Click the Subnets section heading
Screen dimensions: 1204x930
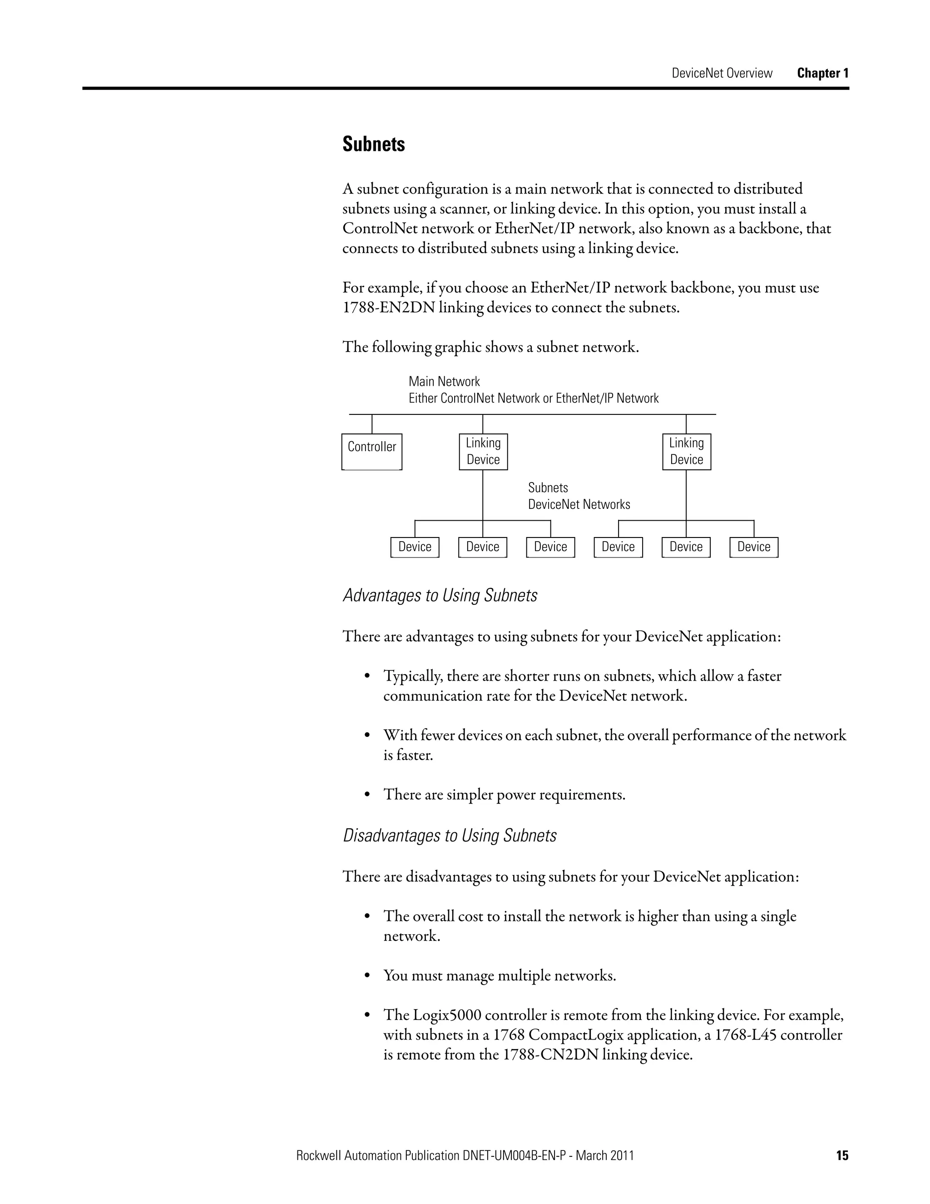point(374,144)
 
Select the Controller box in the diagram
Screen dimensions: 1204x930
point(372,452)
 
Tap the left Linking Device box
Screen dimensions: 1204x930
point(483,452)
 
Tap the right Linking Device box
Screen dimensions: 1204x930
point(687,452)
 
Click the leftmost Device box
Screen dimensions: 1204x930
point(415,547)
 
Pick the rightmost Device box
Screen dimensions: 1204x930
point(754,547)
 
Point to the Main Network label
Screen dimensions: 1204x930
point(444,382)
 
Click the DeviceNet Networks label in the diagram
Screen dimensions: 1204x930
point(579,504)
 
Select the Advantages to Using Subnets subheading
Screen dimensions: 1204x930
point(440,595)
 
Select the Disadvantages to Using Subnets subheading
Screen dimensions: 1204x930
point(450,835)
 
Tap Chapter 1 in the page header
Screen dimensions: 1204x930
point(822,73)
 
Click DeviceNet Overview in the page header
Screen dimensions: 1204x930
point(722,73)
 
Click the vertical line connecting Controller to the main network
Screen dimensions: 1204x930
point(372,424)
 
